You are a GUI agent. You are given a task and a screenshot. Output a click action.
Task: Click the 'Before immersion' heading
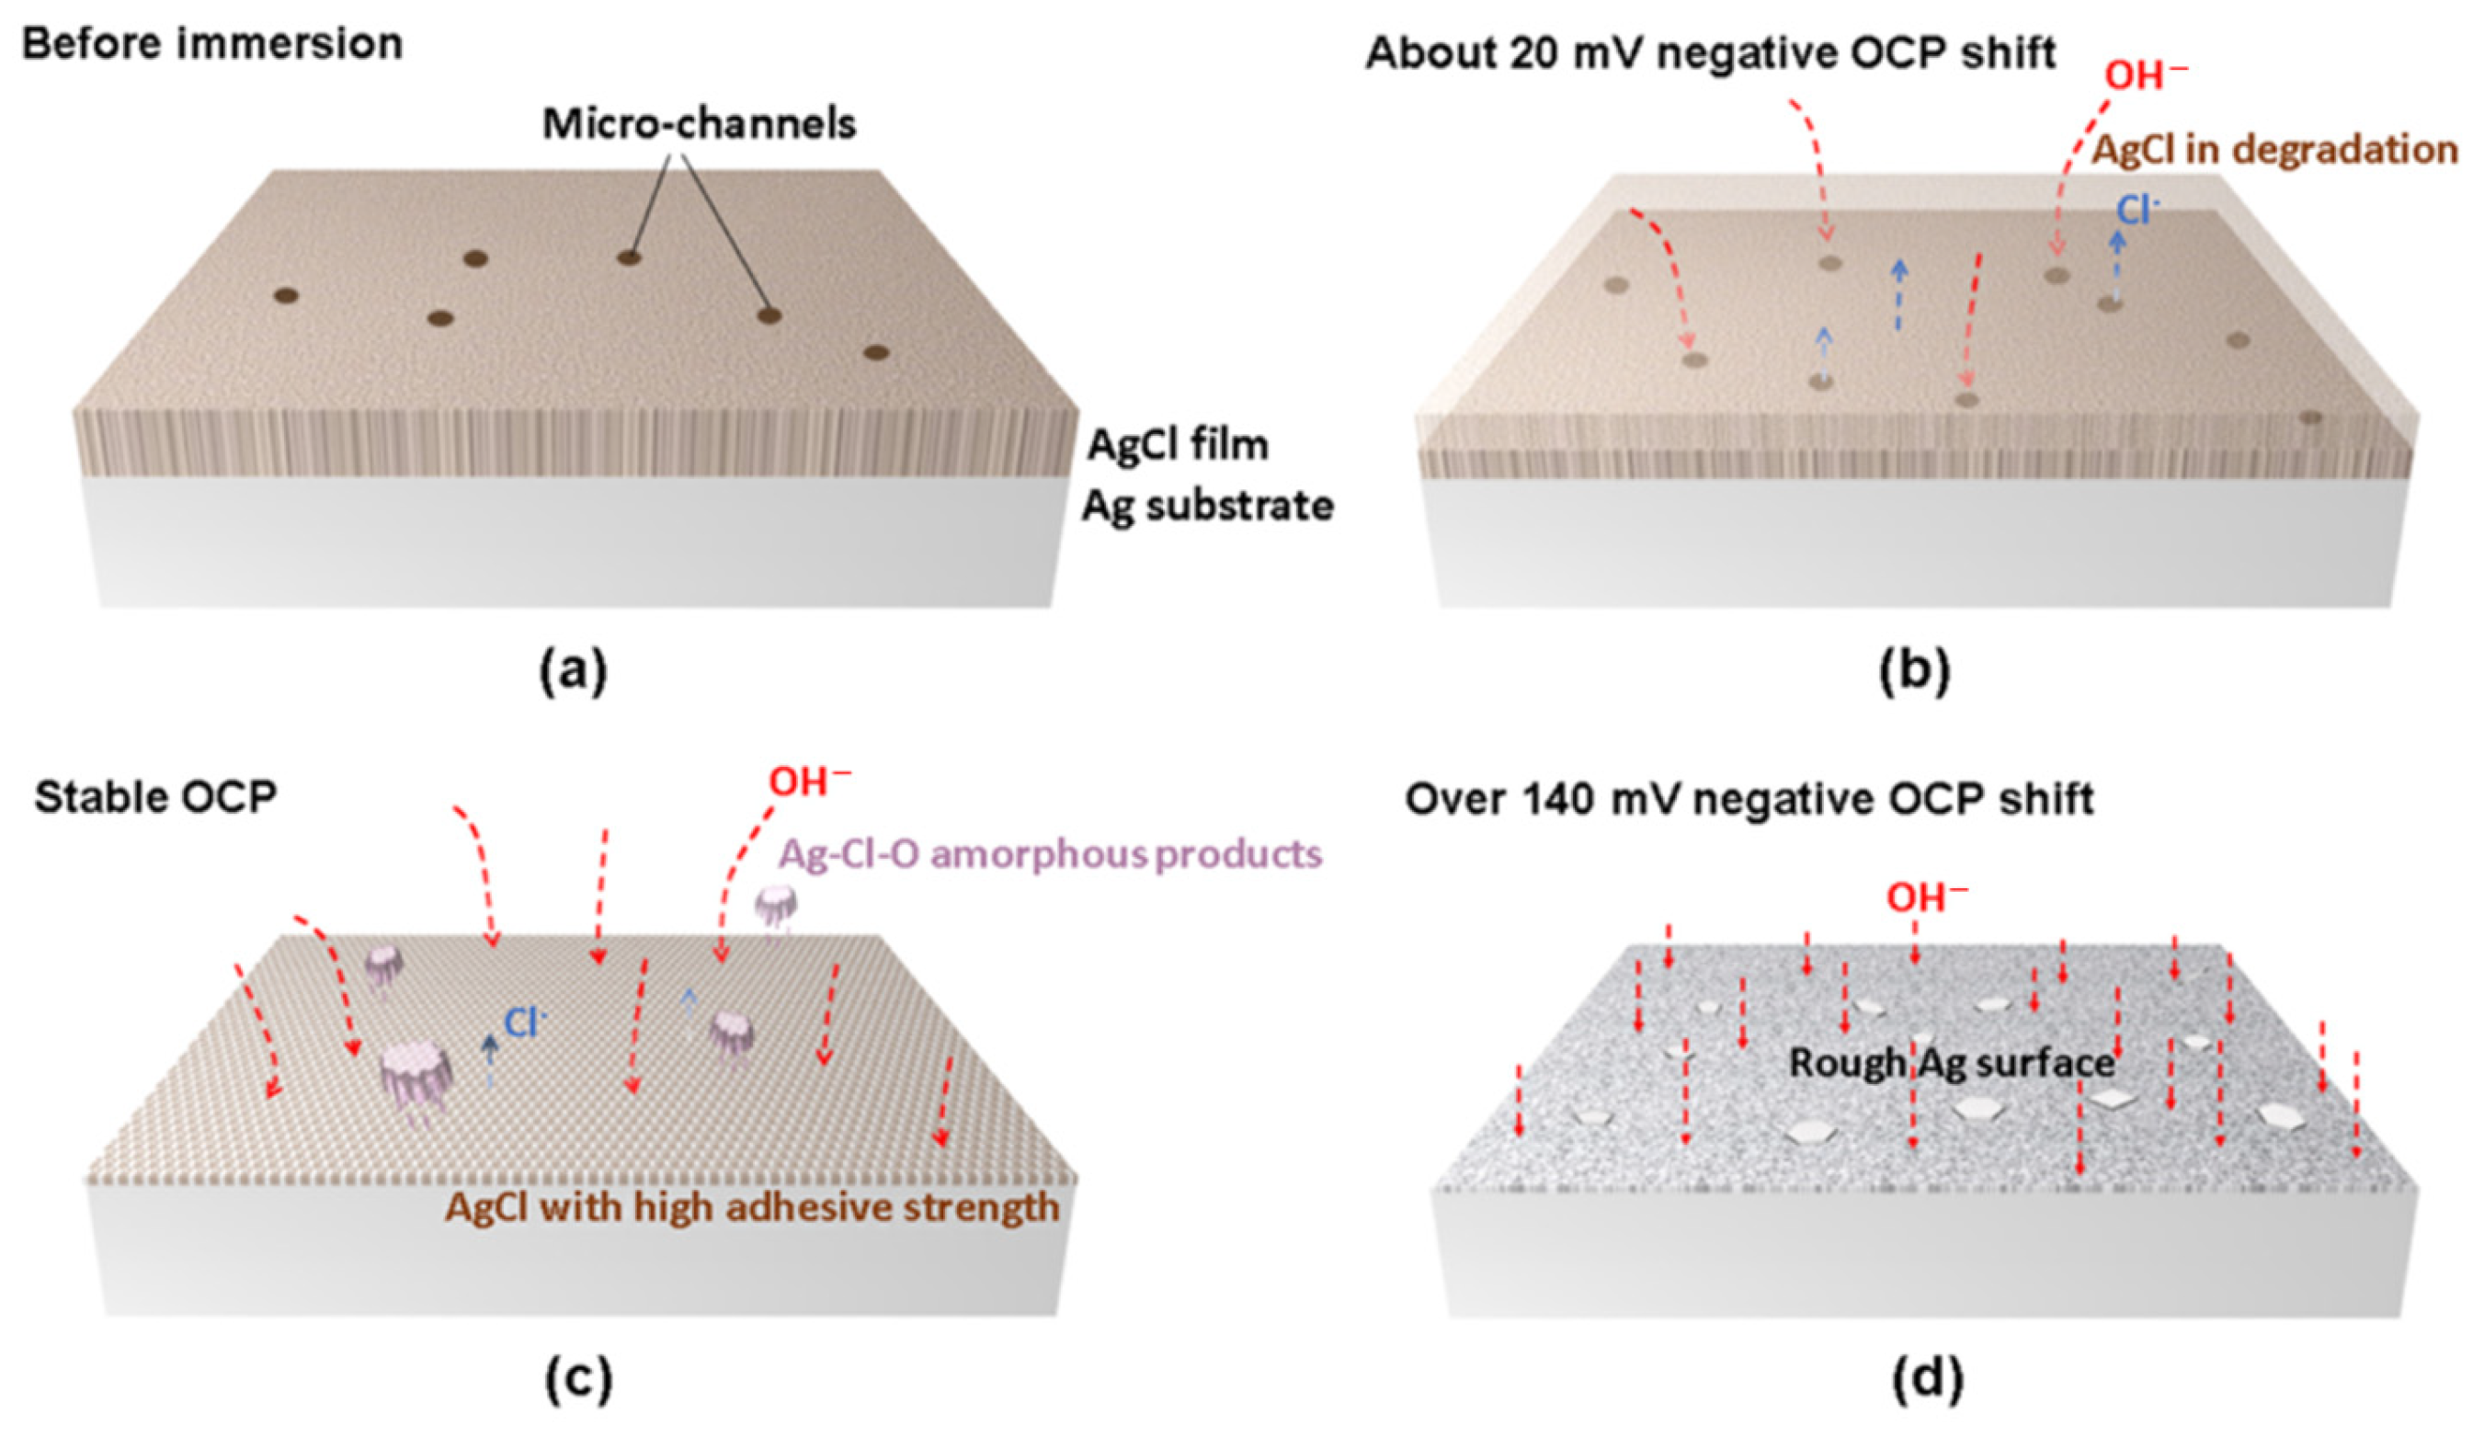tap(212, 45)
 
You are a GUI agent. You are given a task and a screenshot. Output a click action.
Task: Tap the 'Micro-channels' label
tap(699, 124)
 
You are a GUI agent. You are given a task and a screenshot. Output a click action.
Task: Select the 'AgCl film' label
tap(1177, 446)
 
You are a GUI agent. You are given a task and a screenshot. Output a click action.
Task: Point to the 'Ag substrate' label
tap(1207, 507)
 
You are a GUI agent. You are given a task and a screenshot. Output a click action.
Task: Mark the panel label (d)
tap(1926, 1380)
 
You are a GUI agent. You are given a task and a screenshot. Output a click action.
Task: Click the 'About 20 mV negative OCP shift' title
tap(1710, 53)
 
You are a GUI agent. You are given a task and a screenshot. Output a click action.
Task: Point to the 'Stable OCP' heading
tap(155, 797)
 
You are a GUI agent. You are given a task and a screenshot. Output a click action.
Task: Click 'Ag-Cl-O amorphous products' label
tap(1050, 853)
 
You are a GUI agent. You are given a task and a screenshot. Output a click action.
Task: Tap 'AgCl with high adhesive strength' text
tap(752, 1207)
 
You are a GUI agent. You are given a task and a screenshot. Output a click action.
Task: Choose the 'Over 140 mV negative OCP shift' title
tap(1749, 799)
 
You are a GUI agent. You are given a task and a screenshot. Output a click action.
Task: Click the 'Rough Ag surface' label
tap(1952, 1063)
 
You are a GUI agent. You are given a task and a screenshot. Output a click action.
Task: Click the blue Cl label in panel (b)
tap(2138, 210)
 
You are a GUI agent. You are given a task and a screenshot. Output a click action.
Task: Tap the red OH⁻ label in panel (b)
tap(2145, 74)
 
